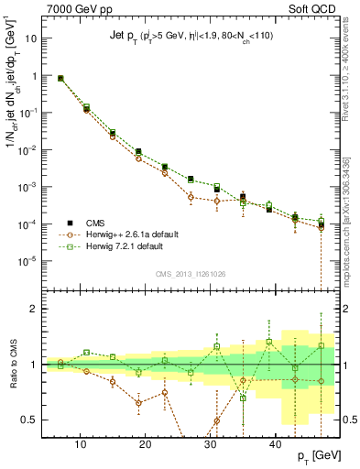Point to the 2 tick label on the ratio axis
click(x=34, y=309)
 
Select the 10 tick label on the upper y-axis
click(x=31, y=40)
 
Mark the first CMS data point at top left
click(x=60, y=79)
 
